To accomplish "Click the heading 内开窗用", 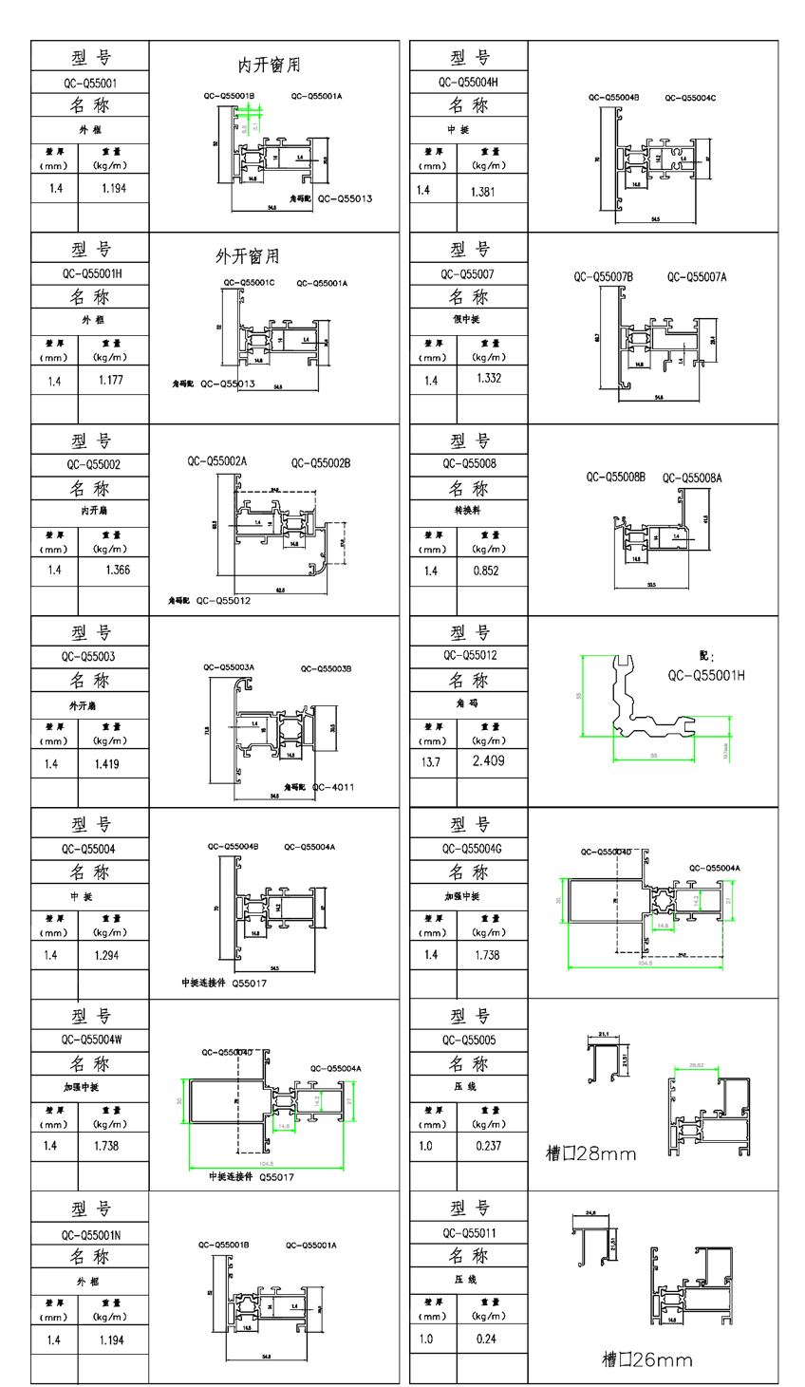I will (x=269, y=66).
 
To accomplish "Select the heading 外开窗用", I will (x=247, y=256).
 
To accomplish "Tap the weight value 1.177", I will (x=112, y=380).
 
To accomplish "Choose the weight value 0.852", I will (x=485, y=571).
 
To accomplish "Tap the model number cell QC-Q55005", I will (x=469, y=1040).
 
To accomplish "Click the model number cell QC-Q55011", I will (x=469, y=1233).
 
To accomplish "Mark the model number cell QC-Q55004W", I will (x=91, y=1040).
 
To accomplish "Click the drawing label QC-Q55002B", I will (x=321, y=463).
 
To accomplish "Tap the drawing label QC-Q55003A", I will (x=229, y=667).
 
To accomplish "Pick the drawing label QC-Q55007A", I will (x=697, y=277).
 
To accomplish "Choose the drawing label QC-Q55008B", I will (x=615, y=477).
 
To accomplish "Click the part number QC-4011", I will (x=332, y=787).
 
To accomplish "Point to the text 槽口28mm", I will (x=590, y=1153).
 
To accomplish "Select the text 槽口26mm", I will (x=646, y=1359).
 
